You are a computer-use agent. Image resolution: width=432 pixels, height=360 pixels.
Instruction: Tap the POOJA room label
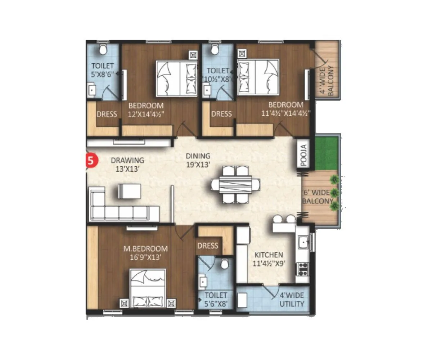(x=303, y=155)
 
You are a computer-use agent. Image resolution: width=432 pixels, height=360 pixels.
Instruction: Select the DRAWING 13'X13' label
(x=127, y=164)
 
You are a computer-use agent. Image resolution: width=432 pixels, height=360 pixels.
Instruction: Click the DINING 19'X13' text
(x=198, y=160)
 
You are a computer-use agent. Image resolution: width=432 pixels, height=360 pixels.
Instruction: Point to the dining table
(x=236, y=184)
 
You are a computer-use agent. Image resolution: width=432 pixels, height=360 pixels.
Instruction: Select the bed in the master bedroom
(x=148, y=288)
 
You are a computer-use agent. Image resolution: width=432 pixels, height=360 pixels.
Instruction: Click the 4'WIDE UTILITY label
(x=292, y=300)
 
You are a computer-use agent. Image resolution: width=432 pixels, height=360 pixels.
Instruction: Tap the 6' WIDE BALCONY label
(x=318, y=197)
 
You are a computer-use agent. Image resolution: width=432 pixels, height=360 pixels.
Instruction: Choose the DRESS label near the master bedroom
(x=208, y=246)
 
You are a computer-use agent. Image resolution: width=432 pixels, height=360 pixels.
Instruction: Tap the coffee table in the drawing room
(x=129, y=191)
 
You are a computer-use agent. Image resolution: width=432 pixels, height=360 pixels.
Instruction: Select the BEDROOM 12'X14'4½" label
(x=146, y=110)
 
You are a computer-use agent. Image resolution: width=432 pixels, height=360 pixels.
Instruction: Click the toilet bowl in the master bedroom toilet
(x=225, y=264)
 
